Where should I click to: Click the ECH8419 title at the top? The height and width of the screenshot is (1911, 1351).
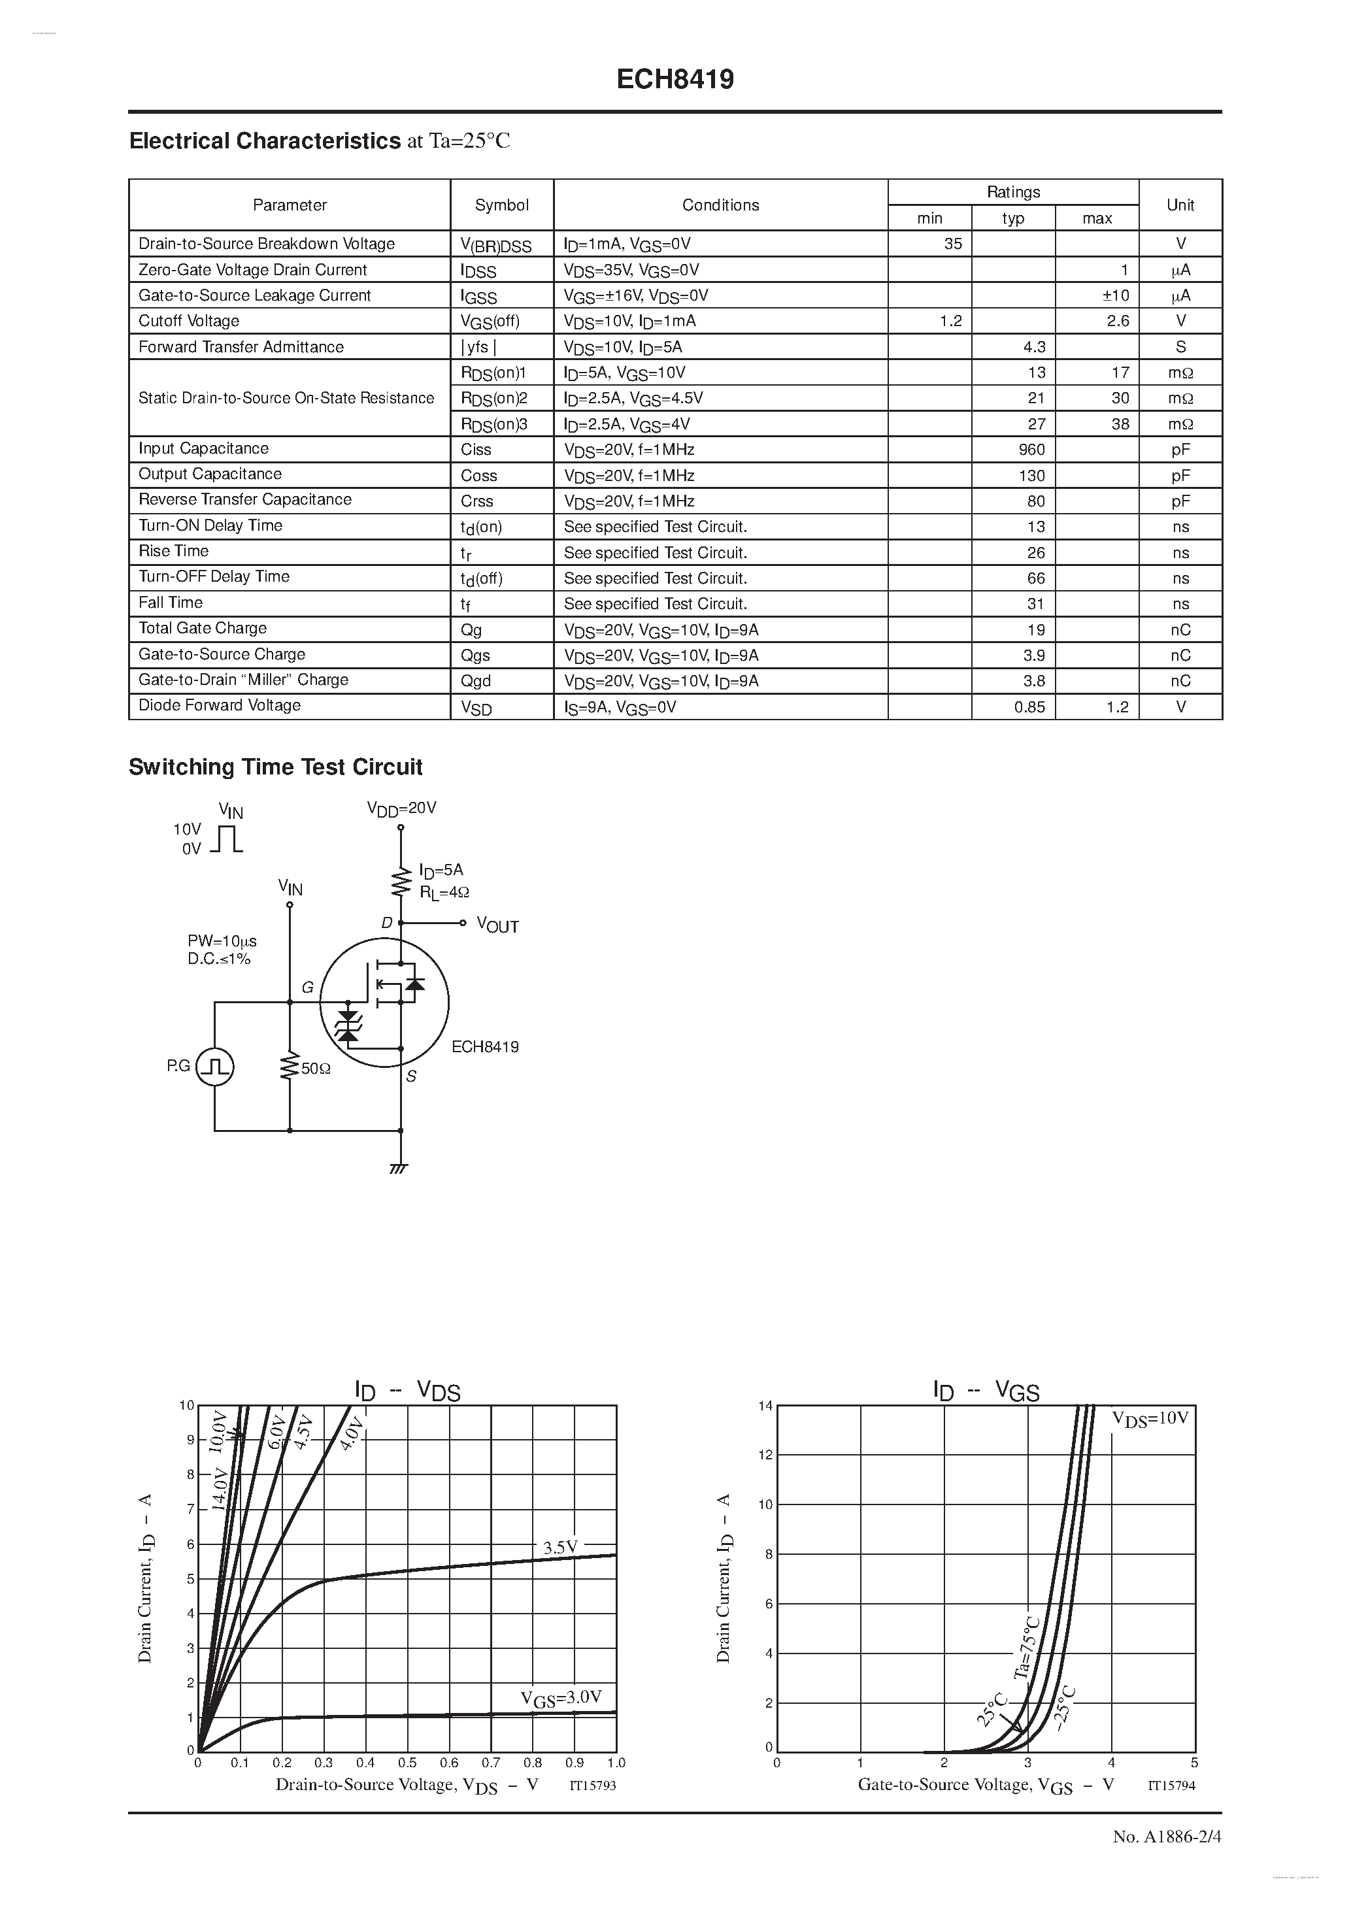point(675,80)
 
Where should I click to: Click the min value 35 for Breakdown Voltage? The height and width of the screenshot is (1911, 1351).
point(952,244)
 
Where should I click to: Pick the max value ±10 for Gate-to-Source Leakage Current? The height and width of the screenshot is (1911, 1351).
point(1116,295)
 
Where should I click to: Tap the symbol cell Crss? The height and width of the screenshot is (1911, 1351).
point(477,502)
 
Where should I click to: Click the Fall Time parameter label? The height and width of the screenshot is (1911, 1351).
point(171,603)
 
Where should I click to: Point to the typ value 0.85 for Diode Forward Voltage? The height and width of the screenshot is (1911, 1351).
point(1029,707)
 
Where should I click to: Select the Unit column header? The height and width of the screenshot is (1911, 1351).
point(1180,205)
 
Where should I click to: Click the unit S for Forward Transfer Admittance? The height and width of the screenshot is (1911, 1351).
point(1180,347)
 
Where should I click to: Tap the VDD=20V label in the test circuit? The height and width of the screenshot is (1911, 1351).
point(401,808)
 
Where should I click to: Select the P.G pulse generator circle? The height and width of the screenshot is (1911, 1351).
point(215,1066)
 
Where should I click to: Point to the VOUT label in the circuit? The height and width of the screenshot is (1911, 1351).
point(497,925)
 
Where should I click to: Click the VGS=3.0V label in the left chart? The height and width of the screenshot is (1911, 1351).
point(560,1698)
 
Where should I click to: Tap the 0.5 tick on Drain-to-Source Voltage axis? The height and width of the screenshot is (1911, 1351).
point(407,1763)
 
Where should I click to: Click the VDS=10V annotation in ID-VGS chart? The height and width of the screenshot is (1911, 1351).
point(1150,1418)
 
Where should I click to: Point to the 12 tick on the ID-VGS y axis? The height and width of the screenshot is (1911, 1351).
point(765,1455)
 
